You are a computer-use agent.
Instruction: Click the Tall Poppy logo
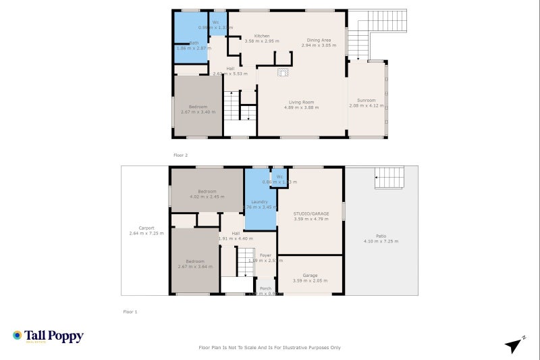48,336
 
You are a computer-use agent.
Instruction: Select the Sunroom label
367,100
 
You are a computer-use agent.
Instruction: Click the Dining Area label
319,40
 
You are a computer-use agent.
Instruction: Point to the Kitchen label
262,36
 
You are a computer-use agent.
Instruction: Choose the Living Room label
302,102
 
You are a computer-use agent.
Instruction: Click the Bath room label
194,43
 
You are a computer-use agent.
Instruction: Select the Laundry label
260,201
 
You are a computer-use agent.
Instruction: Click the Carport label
146,228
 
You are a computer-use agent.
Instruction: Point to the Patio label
381,236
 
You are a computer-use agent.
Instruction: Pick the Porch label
265,288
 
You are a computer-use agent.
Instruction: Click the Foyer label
265,255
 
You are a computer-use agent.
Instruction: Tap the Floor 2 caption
181,155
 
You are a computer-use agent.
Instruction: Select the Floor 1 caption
130,312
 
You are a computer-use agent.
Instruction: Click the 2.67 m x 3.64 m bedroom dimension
195,267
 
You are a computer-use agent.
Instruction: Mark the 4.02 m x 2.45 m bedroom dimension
207,197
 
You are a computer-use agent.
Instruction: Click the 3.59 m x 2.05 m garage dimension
310,280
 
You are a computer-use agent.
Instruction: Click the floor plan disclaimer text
269,347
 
